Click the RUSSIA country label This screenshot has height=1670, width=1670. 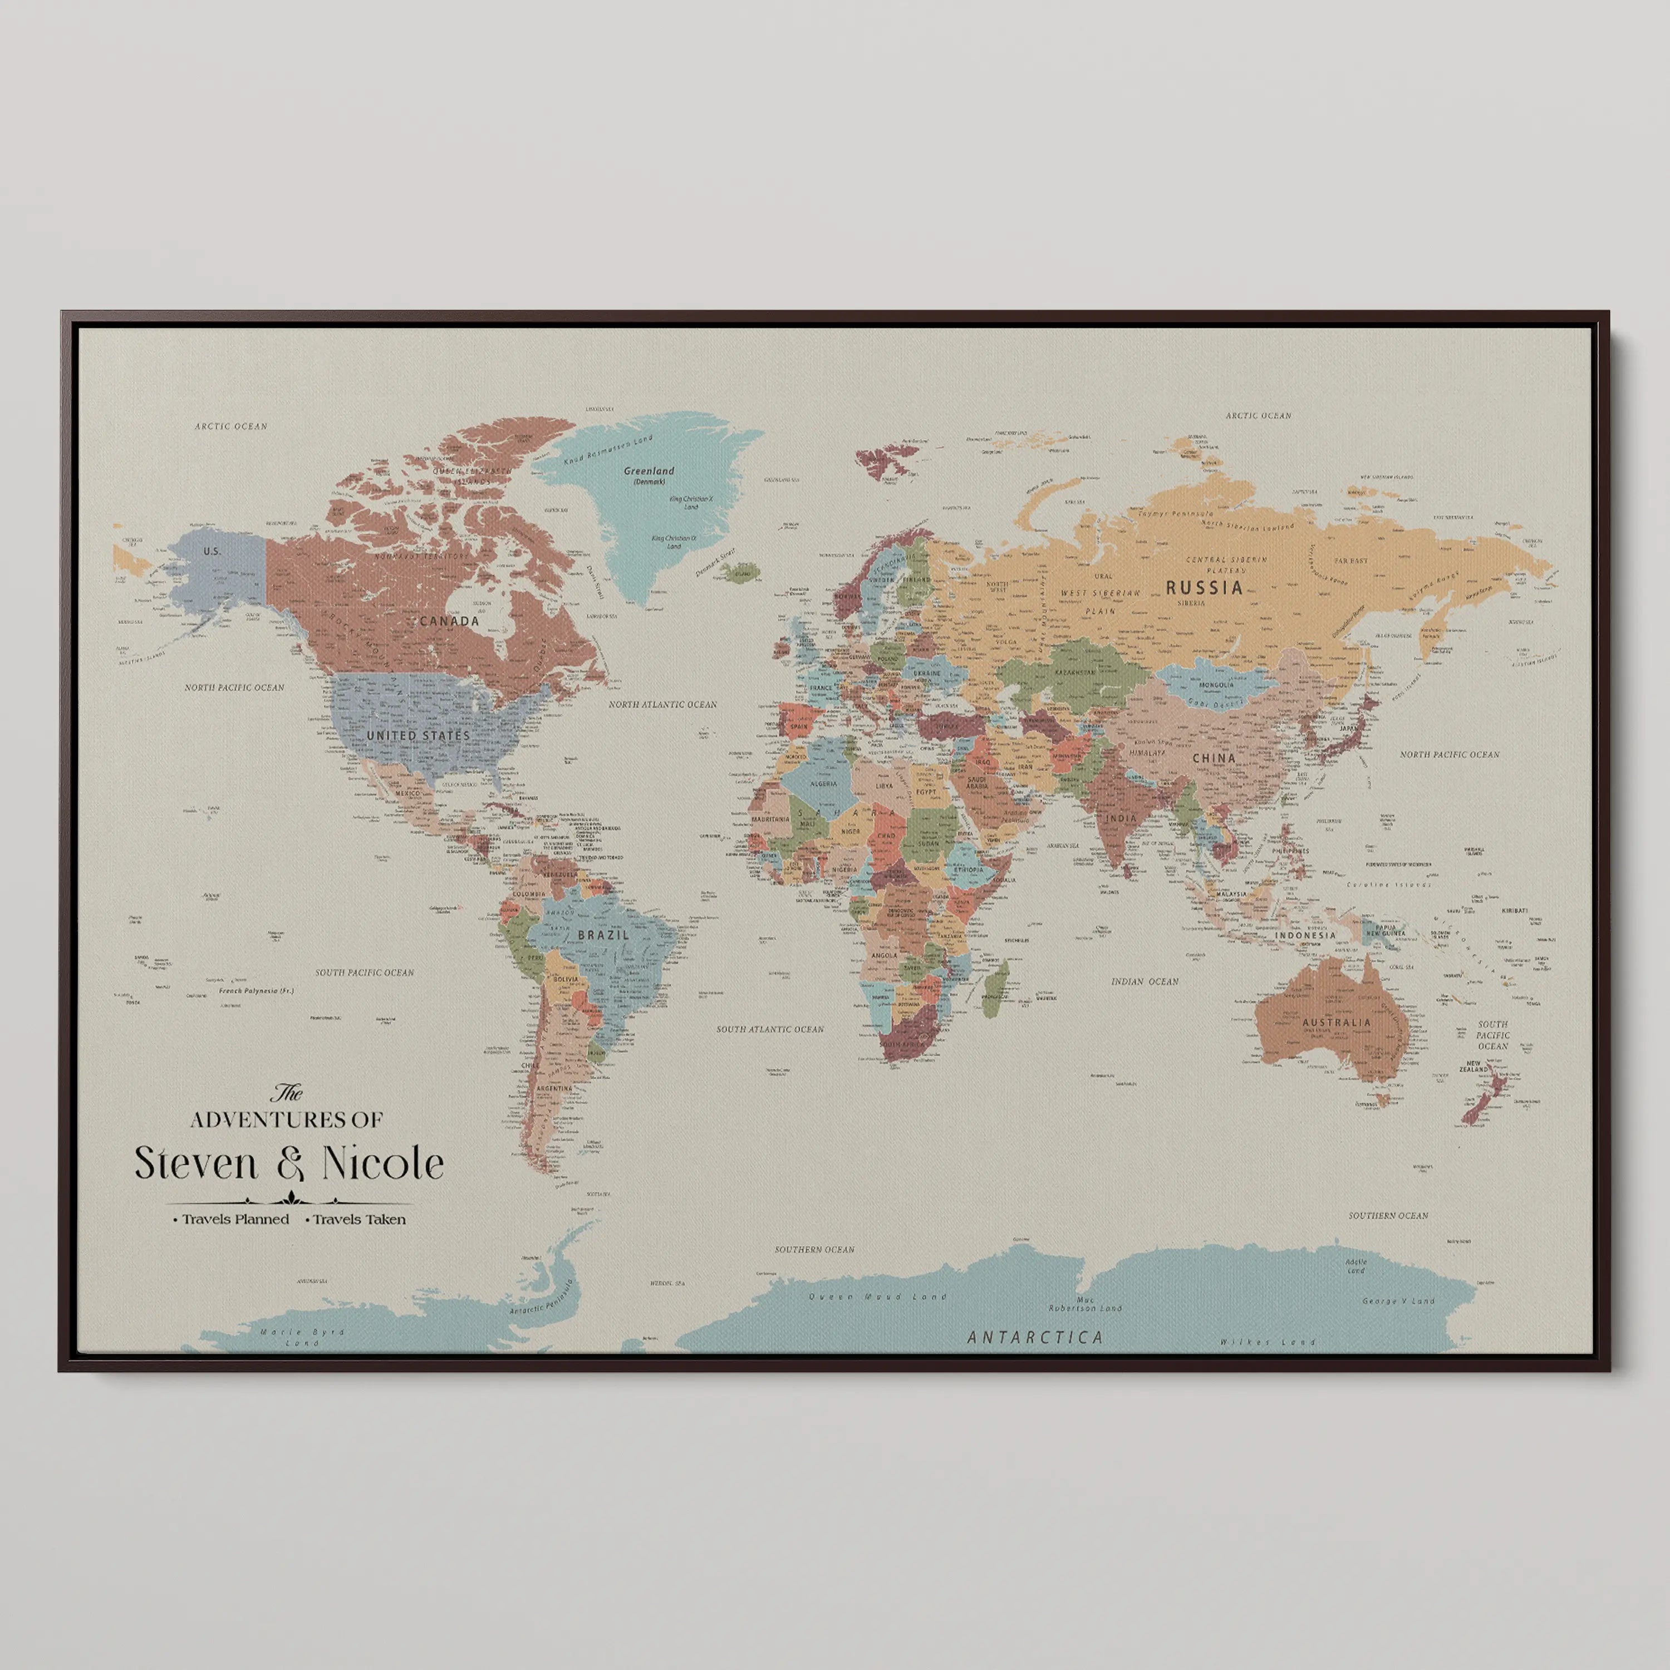(x=1204, y=588)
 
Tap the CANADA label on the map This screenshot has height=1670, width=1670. (x=449, y=621)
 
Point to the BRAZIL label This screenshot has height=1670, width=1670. (x=603, y=935)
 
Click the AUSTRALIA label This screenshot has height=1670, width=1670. (x=1337, y=1021)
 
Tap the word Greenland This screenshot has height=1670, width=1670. (x=649, y=471)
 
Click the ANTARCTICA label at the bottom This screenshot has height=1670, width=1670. (x=1035, y=1337)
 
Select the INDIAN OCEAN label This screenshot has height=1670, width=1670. (x=1145, y=981)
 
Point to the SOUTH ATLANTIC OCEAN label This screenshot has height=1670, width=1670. (x=769, y=1029)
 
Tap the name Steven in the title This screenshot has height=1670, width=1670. (x=196, y=1163)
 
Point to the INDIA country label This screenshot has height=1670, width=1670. (x=1122, y=818)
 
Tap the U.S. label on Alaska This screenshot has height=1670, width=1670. (x=212, y=551)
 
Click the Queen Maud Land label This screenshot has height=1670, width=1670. (x=877, y=1296)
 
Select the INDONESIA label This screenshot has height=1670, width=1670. (x=1305, y=935)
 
